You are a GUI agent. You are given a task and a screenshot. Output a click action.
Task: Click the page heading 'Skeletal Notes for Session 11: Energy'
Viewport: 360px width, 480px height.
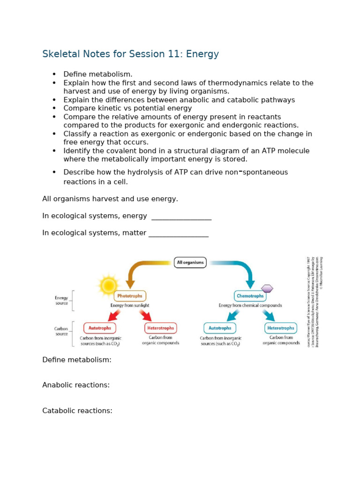coord(130,54)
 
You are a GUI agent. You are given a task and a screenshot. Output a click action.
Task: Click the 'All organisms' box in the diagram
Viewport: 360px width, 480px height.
coord(190,262)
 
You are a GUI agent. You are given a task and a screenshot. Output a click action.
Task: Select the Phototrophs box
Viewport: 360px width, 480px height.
coord(130,296)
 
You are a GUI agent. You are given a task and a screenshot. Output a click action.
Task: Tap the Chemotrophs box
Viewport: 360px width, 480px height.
coord(250,296)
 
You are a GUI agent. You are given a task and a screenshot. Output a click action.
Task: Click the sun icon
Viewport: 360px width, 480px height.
coord(108,285)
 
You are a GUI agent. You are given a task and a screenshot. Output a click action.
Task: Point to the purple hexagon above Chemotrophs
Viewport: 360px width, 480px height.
coord(267,288)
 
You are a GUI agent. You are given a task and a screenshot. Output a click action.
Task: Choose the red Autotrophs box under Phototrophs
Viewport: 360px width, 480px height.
coord(100,328)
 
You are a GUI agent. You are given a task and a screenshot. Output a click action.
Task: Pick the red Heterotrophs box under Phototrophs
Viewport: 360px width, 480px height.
coord(160,328)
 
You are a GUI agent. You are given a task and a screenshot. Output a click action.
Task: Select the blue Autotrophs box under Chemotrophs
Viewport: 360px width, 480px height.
coord(220,328)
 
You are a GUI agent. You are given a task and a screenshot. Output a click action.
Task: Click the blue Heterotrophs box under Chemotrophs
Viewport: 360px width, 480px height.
coord(281,328)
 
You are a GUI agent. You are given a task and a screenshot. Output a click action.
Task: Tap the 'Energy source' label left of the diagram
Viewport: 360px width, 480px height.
coord(61,300)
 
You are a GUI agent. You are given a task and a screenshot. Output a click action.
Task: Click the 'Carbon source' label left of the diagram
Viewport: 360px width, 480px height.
coord(61,331)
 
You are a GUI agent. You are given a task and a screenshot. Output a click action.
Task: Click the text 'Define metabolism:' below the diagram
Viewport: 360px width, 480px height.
coord(77,360)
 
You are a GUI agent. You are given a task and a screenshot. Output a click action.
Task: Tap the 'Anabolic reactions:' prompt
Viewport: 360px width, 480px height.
coord(76,385)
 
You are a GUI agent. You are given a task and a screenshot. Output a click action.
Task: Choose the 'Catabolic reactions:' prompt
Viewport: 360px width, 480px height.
coord(77,411)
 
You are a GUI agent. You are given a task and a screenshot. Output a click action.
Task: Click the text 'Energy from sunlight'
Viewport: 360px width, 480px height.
coord(130,305)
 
